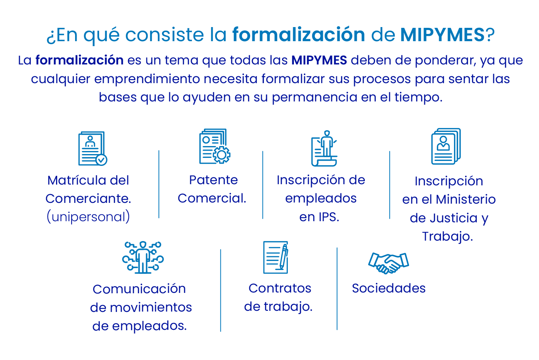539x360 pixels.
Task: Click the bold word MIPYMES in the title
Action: click(x=442, y=35)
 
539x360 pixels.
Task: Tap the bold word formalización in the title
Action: click(x=298, y=35)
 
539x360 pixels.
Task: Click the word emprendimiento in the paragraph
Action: click(x=147, y=79)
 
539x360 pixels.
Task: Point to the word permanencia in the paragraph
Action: click(x=314, y=98)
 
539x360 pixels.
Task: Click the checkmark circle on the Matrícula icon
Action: click(x=101, y=160)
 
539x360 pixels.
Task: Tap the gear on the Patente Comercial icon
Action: click(x=221, y=155)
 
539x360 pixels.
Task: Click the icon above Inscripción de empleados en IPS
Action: click(x=324, y=148)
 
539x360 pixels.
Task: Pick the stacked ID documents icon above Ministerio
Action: click(x=446, y=146)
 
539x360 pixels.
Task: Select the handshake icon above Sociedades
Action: click(x=388, y=263)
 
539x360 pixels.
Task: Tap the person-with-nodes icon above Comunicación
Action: click(x=143, y=257)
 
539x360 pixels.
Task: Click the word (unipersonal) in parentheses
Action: click(x=88, y=217)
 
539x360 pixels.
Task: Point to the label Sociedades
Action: click(x=388, y=288)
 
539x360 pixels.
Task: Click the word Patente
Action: click(x=213, y=180)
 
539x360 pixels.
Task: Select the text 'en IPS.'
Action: click(x=319, y=217)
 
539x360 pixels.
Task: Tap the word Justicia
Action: click(x=444, y=218)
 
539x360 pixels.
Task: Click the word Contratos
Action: click(x=280, y=288)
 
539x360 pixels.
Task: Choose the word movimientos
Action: click(x=151, y=307)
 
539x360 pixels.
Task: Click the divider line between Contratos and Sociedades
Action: click(x=337, y=288)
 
